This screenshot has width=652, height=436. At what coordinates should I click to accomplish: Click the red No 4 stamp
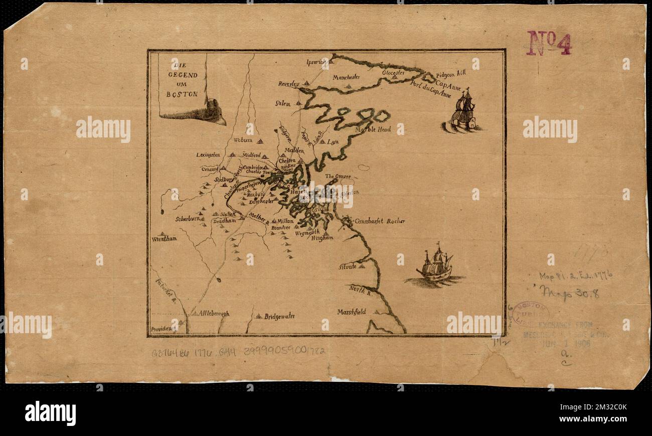click(x=549, y=43)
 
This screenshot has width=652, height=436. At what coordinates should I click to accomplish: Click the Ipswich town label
click(x=316, y=62)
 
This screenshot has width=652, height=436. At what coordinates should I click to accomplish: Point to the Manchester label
click(x=346, y=77)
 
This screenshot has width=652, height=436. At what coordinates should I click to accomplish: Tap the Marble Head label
click(x=373, y=129)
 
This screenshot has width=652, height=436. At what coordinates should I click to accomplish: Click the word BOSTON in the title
click(x=183, y=94)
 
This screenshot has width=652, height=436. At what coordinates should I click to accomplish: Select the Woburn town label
click(x=243, y=140)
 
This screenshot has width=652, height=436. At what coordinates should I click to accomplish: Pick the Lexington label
click(x=208, y=155)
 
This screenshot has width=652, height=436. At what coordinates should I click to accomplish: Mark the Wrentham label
click(x=164, y=239)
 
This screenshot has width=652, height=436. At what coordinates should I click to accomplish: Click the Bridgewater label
click(x=279, y=316)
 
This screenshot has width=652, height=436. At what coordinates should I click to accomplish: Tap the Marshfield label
click(x=352, y=312)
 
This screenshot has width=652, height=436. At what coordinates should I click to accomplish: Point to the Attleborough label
click(x=214, y=313)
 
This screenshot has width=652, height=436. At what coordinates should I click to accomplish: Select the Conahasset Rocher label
click(x=380, y=221)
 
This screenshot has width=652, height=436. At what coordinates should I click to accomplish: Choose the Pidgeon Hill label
click(x=451, y=73)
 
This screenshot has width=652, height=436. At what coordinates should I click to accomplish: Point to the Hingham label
click(x=322, y=238)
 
